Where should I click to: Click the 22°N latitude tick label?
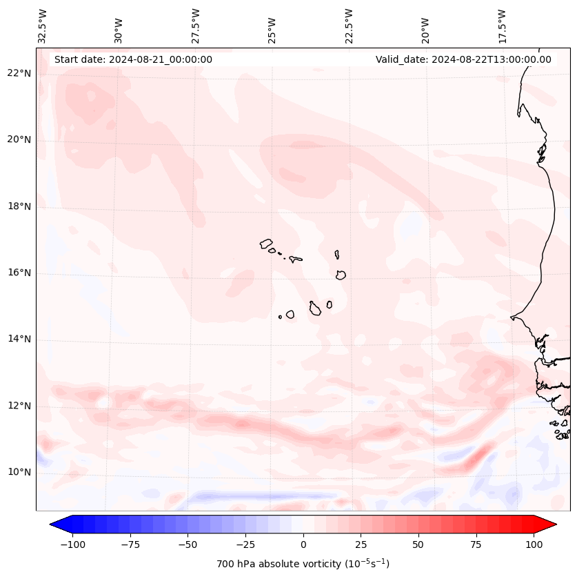(20, 73)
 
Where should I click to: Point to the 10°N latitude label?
(20, 473)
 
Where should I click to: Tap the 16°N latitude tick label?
(20, 273)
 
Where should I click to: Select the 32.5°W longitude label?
(43, 26)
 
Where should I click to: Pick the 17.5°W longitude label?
(502, 26)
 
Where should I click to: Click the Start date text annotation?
(133, 59)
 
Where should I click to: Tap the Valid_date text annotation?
(463, 59)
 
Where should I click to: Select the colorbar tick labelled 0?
(303, 544)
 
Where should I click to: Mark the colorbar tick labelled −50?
(188, 544)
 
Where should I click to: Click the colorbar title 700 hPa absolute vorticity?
(303, 564)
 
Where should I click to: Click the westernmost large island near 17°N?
(266, 244)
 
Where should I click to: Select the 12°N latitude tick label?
(20, 406)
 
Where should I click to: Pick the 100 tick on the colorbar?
(534, 544)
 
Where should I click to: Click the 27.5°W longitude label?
(196, 26)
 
